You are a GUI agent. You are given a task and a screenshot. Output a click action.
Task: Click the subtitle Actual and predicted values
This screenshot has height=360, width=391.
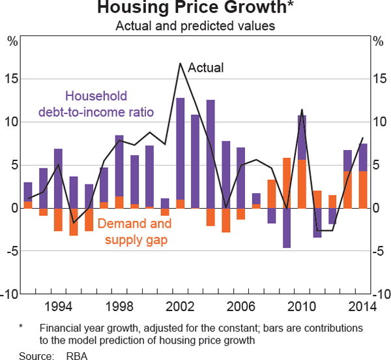click(x=195, y=27)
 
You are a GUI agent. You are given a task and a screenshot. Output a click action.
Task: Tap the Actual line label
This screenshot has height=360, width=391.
click(x=205, y=67)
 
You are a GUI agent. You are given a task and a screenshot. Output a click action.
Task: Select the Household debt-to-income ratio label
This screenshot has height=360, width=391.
click(x=96, y=104)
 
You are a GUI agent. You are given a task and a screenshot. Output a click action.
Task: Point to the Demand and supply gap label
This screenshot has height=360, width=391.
click(x=135, y=232)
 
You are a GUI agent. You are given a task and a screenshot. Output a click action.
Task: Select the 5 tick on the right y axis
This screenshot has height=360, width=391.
click(x=377, y=165)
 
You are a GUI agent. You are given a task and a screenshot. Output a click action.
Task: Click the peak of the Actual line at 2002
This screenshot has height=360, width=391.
click(x=180, y=63)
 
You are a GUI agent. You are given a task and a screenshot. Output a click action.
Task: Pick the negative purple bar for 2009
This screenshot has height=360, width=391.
click(x=287, y=228)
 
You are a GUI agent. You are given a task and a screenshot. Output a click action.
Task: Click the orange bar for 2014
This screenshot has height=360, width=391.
click(x=363, y=190)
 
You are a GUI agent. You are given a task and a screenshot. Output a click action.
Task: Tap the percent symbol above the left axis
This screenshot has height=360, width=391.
click(x=12, y=43)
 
